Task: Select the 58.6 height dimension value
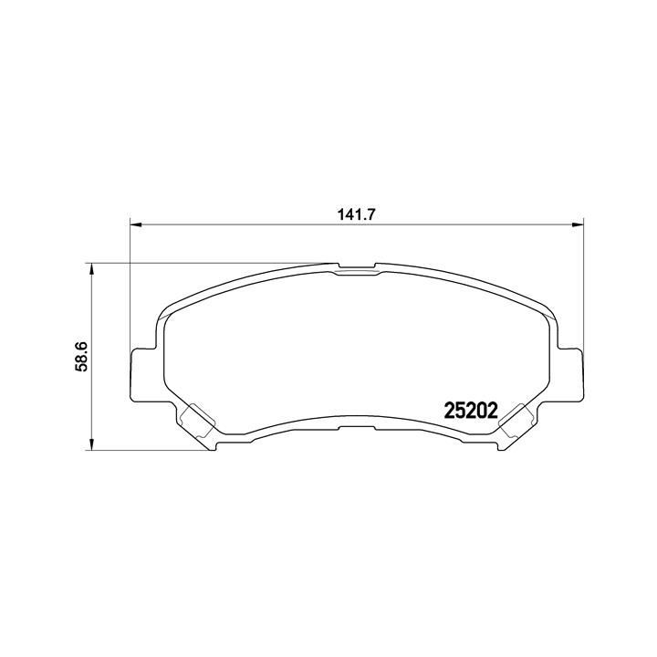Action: pyautogui.click(x=80, y=356)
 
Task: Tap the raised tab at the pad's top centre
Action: pyautogui.click(x=357, y=268)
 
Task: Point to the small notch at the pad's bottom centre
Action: pyautogui.click(x=357, y=427)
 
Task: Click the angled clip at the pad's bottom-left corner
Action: pyautogui.click(x=195, y=422)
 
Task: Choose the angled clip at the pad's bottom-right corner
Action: pyautogui.click(x=517, y=422)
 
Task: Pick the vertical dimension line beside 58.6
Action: pyautogui.click(x=91, y=401)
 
